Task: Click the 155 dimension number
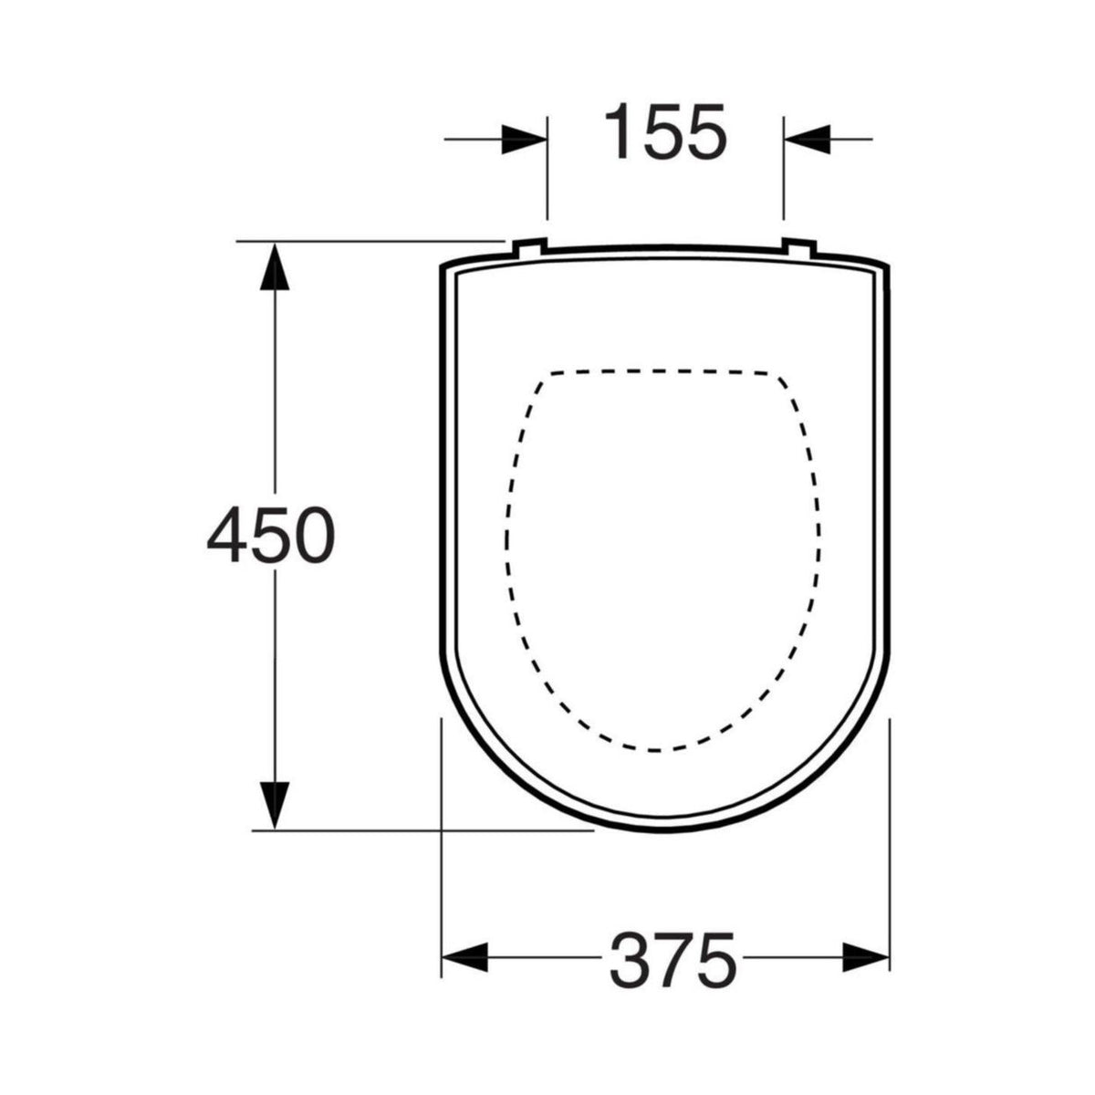[x=667, y=132]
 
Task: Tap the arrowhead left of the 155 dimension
[x=524, y=140]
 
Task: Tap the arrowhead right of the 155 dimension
[x=807, y=140]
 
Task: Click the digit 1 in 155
[x=625, y=132]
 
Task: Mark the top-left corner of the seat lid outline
[x=444, y=267]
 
